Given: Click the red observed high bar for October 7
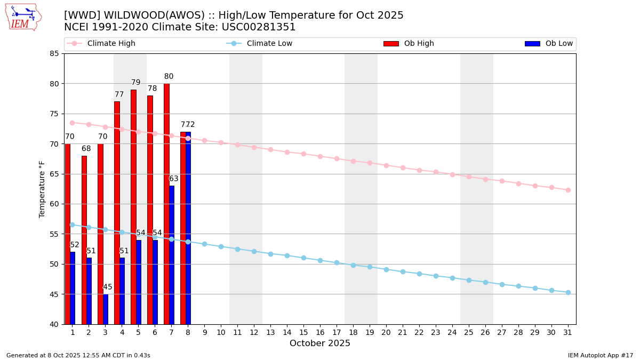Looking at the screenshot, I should click(166, 203).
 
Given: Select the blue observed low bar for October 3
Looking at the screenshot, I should click(106, 309).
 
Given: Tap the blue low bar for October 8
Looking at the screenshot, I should click(188, 229).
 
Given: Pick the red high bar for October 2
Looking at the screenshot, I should click(84, 240).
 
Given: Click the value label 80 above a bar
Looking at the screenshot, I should click(169, 77).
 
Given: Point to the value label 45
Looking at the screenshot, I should click(108, 287).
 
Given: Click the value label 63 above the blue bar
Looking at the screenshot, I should click(174, 179).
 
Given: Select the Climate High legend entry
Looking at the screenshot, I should click(111, 44).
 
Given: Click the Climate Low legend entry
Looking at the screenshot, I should click(269, 44).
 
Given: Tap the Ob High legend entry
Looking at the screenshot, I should click(419, 44).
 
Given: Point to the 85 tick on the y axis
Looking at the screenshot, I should click(54, 53).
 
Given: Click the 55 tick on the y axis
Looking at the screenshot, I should click(54, 234).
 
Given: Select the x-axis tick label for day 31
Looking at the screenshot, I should click(568, 332).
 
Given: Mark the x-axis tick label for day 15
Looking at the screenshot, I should click(303, 332).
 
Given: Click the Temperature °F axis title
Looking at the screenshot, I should click(42, 189).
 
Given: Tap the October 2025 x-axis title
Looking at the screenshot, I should click(320, 343).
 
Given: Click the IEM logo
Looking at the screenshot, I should click(23, 17).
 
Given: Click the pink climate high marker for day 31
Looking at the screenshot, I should click(568, 190).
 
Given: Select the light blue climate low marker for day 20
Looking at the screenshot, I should click(386, 269).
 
